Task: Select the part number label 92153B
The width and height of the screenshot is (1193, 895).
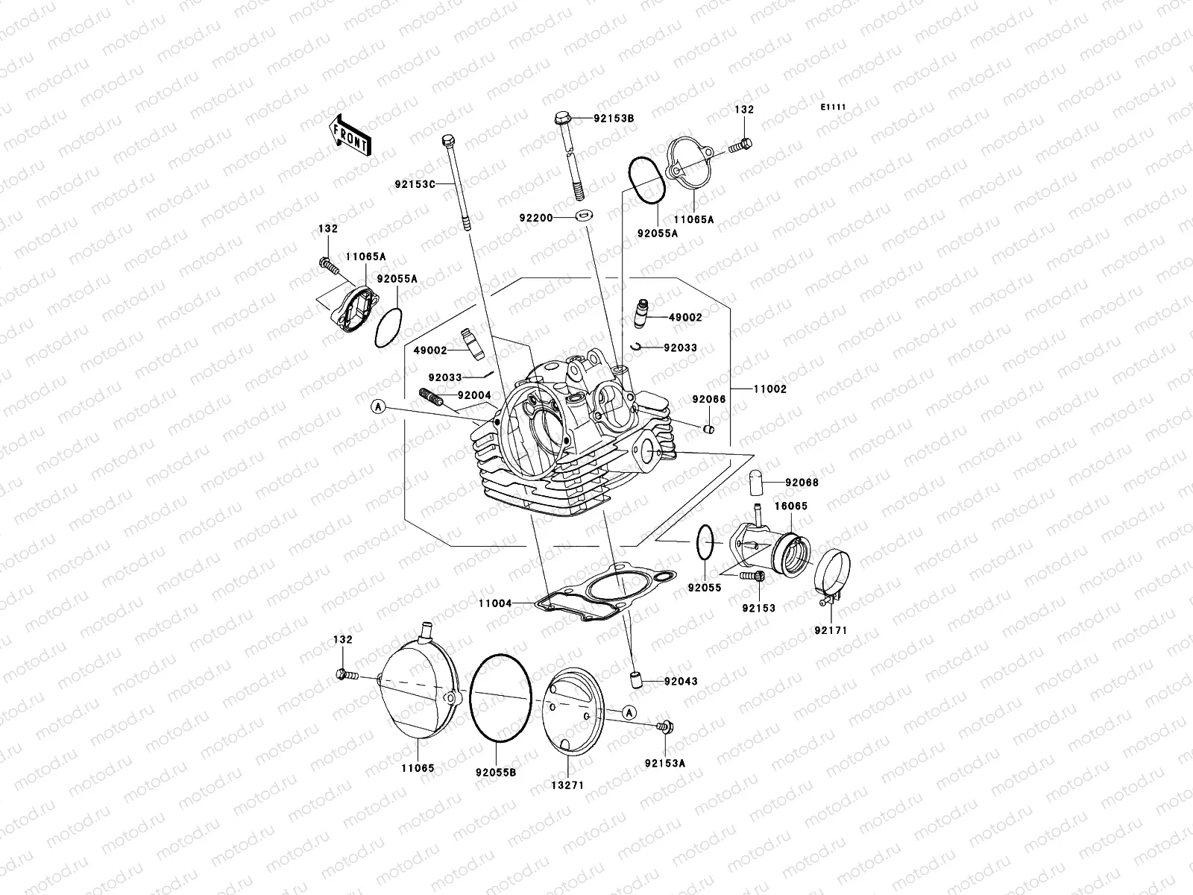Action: coord(613,119)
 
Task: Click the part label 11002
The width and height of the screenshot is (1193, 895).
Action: coord(769,389)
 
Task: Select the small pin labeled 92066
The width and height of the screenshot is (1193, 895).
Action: coord(709,428)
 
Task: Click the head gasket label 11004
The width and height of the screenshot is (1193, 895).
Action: coord(495,603)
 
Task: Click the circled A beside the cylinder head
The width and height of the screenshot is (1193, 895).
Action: coord(379,406)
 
